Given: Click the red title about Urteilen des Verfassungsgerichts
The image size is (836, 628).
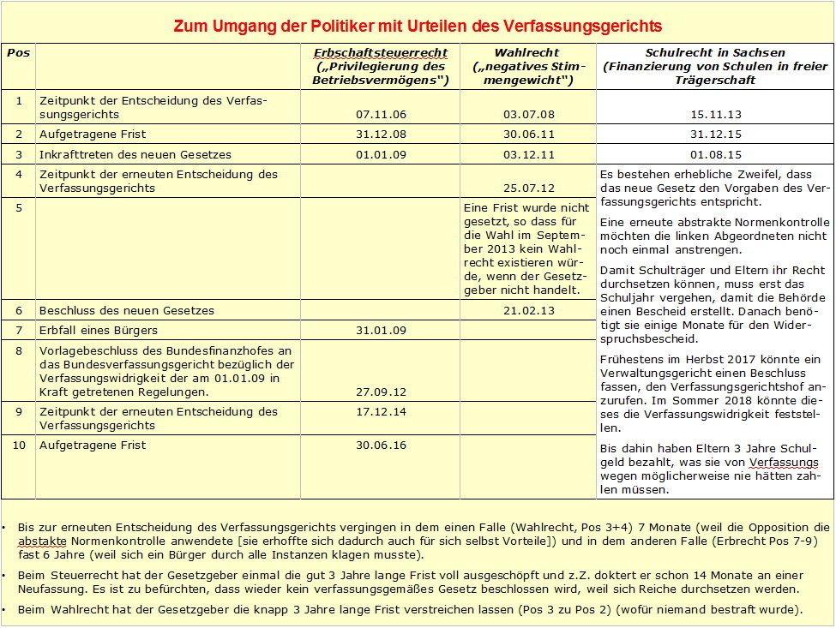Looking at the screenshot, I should (418, 27).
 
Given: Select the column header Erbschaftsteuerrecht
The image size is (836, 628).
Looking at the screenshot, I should (380, 53).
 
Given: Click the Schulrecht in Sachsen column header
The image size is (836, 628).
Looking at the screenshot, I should (714, 53).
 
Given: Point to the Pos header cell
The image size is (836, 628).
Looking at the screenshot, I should (18, 53).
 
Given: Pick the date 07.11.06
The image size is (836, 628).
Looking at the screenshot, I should (380, 114).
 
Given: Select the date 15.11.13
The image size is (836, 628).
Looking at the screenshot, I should (715, 114).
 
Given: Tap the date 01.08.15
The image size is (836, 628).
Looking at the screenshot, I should (715, 155).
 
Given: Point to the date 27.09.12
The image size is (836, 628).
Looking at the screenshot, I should (380, 392).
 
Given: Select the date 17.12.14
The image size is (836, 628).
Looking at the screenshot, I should (380, 412).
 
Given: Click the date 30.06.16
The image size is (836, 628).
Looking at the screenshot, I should (380, 446).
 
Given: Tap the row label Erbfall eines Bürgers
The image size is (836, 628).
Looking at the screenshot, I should (99, 331).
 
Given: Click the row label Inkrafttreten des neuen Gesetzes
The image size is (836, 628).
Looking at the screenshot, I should (135, 155).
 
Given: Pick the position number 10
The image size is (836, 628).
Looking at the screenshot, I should (18, 446).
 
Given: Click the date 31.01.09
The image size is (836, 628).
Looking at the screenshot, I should (380, 331).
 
